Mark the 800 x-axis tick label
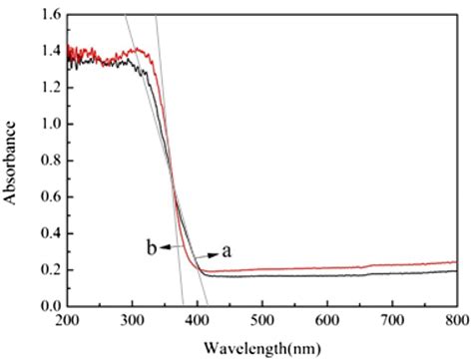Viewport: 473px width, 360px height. pyautogui.click(x=455, y=321)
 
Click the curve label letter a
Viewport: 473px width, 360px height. pyautogui.click(x=228, y=251)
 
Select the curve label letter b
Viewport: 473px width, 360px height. pyautogui.click(x=152, y=248)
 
